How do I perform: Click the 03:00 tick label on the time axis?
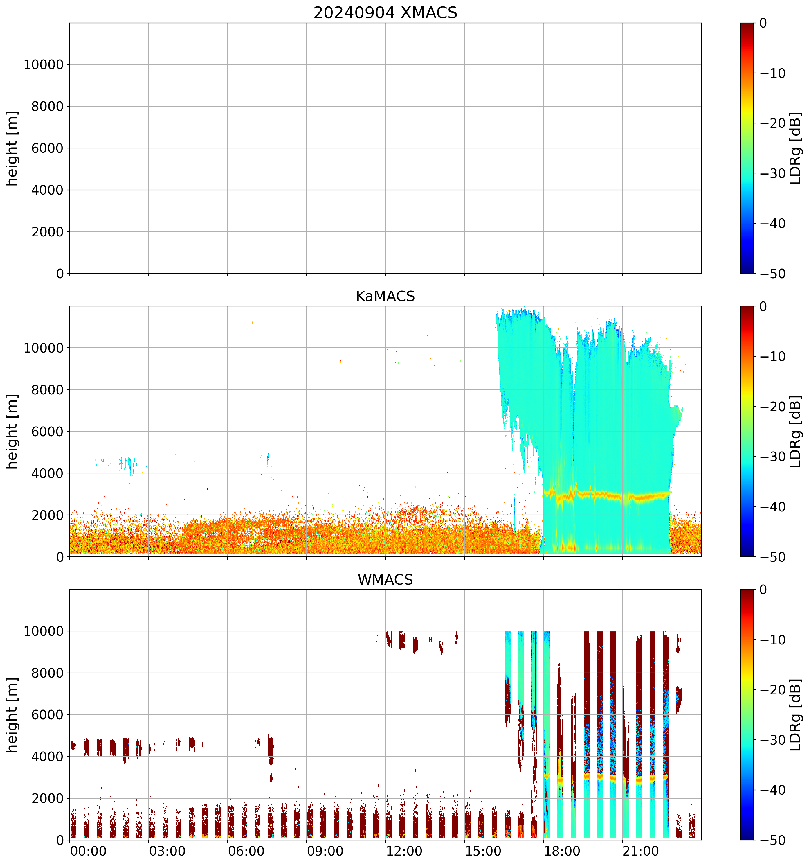167,851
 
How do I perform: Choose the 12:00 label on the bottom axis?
404,851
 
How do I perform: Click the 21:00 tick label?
641,851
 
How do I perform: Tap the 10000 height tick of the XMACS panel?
44,65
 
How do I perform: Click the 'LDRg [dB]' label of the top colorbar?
795,148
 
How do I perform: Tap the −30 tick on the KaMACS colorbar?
772,457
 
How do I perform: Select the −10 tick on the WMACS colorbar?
772,640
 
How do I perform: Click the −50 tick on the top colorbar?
772,274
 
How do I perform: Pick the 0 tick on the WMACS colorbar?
763,590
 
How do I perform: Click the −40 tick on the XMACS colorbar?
772,223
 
